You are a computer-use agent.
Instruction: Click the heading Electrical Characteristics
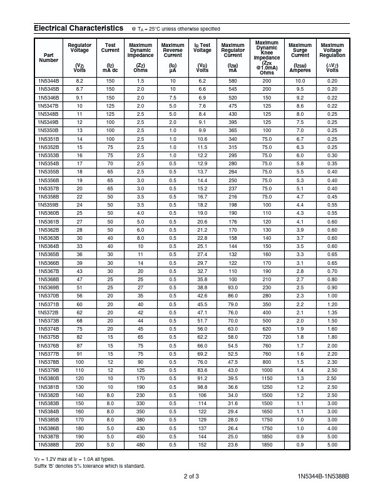(78, 28)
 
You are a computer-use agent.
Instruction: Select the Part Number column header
(48, 57)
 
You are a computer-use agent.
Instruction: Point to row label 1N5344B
(48, 81)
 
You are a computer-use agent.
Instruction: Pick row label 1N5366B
(48, 263)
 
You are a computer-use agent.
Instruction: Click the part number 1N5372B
(48, 313)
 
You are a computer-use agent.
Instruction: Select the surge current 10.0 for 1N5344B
(300, 81)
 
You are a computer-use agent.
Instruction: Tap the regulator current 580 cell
(233, 81)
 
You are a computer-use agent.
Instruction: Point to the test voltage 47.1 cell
(202, 313)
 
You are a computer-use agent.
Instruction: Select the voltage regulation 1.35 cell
(332, 313)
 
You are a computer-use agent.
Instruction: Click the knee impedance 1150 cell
(267, 378)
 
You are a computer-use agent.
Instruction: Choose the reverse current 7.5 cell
(173, 98)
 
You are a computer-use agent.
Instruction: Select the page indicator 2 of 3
(191, 477)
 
